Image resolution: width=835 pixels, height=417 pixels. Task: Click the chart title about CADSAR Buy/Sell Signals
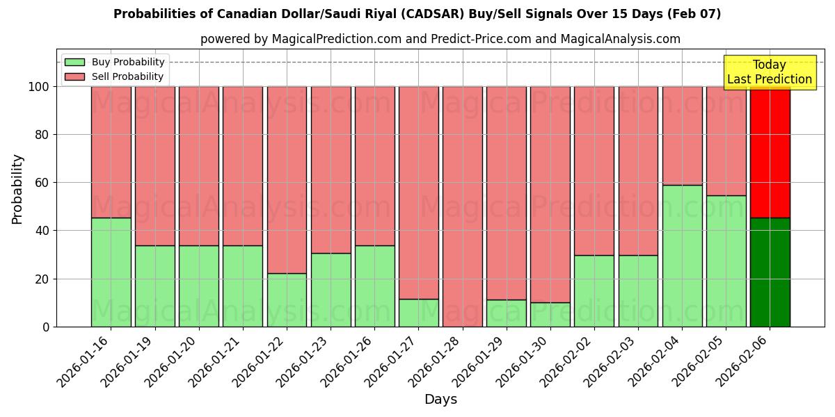click(x=417, y=14)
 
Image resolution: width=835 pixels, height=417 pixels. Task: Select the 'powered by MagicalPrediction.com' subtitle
click(x=440, y=39)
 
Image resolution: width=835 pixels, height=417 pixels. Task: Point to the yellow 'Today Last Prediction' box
click(x=769, y=72)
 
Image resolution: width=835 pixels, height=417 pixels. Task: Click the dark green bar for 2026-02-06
click(x=770, y=272)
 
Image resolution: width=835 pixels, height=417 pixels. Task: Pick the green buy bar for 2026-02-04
click(x=682, y=256)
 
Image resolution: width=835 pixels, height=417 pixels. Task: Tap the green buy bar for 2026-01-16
click(x=111, y=272)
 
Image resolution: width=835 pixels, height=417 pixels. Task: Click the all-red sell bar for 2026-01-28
click(x=462, y=206)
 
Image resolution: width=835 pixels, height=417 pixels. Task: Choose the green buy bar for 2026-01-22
click(x=287, y=300)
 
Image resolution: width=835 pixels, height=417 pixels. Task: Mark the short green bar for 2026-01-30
click(x=550, y=314)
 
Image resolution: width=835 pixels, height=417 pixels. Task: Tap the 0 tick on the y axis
click(x=47, y=327)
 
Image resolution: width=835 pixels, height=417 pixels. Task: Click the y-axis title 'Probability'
click(x=17, y=188)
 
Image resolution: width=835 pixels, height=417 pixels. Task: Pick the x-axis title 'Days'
click(x=440, y=400)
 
